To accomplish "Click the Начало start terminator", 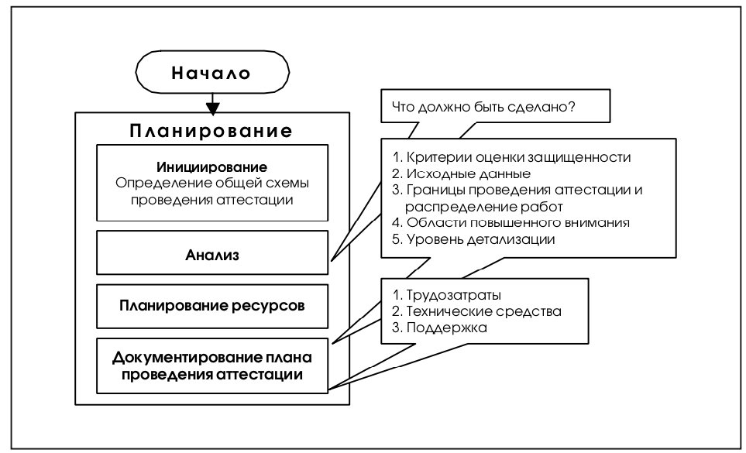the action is [212, 72].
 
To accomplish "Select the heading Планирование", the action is [211, 131].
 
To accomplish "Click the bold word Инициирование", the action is [211, 166].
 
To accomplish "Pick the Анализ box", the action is [212, 252].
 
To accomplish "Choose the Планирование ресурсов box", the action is [212, 306].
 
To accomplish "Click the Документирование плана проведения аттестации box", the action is [212, 365].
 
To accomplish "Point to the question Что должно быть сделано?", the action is [483, 107].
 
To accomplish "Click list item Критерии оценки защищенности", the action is [511, 157].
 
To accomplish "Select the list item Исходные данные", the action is [461, 173].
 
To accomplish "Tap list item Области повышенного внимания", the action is [511, 222].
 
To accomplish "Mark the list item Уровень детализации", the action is [473, 239].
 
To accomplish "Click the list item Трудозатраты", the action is [446, 295].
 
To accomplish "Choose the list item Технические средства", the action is [476, 311].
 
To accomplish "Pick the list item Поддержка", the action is [439, 328].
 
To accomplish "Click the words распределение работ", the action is [484, 207].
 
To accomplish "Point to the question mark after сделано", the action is [572, 106].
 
